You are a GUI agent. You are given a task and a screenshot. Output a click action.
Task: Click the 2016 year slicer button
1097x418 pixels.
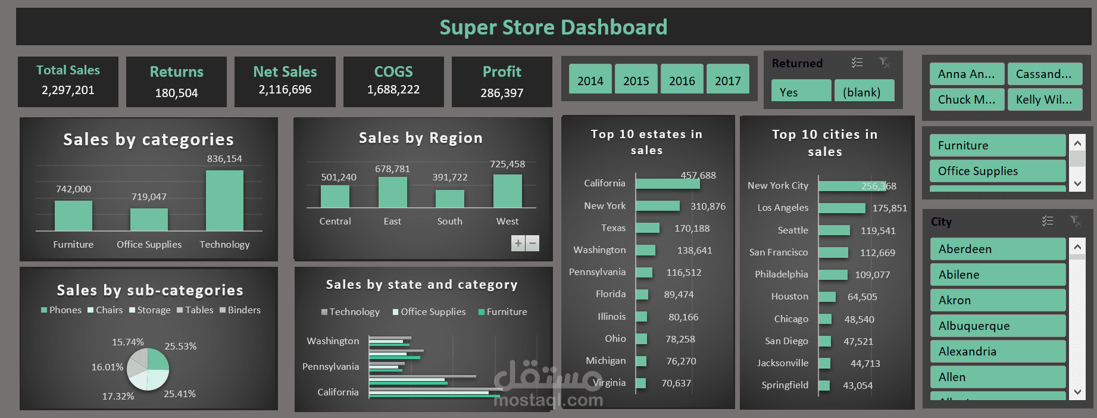click(x=682, y=80)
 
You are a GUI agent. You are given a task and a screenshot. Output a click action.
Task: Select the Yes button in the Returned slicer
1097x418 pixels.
click(x=801, y=92)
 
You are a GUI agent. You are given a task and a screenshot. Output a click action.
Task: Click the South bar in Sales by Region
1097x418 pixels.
click(x=449, y=198)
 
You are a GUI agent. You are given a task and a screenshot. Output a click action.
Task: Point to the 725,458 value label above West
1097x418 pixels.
click(x=507, y=164)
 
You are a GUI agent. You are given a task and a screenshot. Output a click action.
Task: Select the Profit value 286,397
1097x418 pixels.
click(x=502, y=93)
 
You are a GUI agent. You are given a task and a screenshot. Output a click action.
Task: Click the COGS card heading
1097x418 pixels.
click(x=393, y=71)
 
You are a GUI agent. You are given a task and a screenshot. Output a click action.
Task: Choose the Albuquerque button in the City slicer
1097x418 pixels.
click(x=997, y=326)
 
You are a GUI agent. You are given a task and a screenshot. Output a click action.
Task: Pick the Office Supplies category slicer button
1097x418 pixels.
click(x=997, y=171)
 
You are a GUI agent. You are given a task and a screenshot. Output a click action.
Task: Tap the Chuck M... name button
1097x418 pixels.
click(x=966, y=99)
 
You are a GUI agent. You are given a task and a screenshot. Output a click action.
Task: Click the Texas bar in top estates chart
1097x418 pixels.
click(x=648, y=228)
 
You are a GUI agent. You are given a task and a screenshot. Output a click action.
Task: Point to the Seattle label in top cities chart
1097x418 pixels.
click(x=793, y=230)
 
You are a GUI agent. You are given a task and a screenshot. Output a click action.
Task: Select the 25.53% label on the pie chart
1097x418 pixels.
click(x=180, y=346)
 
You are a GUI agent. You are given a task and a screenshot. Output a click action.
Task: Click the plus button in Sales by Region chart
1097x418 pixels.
click(x=518, y=243)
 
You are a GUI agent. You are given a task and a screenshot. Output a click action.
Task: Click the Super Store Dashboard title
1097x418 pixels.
click(x=553, y=27)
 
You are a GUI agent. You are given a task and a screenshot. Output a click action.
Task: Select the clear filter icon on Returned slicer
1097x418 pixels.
click(x=885, y=63)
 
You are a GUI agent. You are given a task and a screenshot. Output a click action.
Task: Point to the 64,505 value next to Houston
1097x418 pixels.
click(x=862, y=297)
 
